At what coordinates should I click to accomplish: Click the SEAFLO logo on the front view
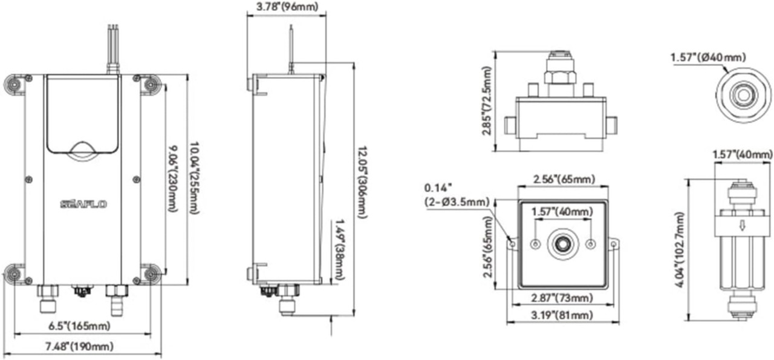(x=83, y=205)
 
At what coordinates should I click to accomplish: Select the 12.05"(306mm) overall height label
(x=361, y=181)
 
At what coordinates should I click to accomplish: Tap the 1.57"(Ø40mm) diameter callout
(x=704, y=58)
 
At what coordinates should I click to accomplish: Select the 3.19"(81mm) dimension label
(x=563, y=315)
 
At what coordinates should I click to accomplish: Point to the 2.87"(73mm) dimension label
(x=562, y=298)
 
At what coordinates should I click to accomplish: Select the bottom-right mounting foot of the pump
(x=151, y=273)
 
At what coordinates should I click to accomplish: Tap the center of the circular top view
(x=743, y=95)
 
